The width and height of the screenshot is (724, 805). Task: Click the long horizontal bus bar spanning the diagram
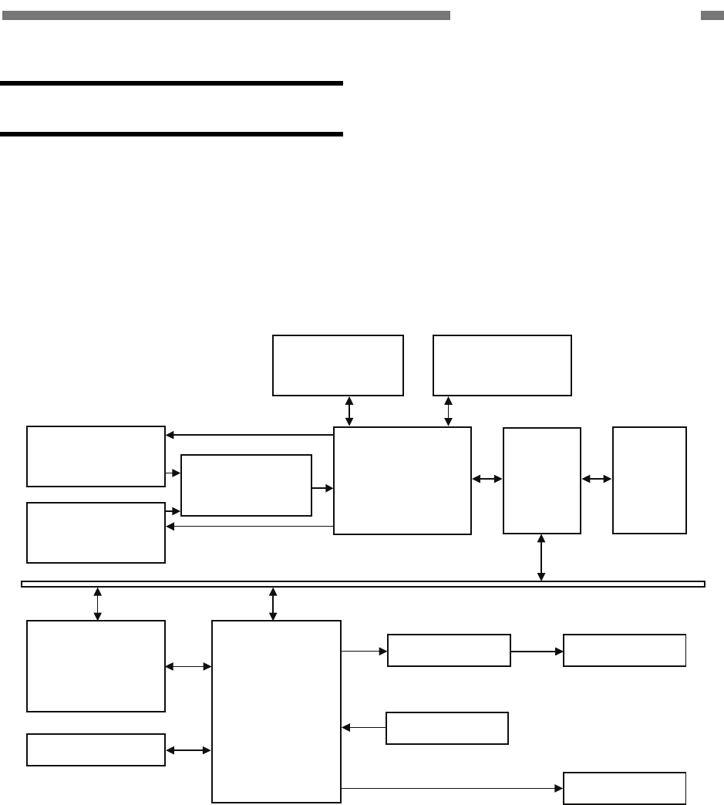362,584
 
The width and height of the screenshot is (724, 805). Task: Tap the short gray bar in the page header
712,15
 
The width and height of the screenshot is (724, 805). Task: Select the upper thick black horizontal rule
171,83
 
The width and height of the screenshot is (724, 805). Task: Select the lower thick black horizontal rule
171,134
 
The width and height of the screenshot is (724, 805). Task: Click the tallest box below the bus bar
276,711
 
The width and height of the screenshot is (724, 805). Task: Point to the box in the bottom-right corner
625,787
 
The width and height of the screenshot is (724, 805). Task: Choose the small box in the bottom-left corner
96,749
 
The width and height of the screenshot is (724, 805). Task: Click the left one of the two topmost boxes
338,365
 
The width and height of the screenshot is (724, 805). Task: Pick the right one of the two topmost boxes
502,365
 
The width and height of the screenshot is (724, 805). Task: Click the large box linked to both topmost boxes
402,480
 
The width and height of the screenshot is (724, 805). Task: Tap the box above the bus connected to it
541,480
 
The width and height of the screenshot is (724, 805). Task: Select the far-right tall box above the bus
649,480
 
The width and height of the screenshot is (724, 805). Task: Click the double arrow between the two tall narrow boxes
597,479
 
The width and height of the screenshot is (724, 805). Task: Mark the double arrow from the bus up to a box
541,557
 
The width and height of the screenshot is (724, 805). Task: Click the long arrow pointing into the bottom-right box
452,788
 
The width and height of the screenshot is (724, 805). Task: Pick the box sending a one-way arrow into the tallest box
446,728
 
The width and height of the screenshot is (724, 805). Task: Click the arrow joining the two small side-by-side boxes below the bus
537,651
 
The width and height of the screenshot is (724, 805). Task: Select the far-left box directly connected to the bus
96,665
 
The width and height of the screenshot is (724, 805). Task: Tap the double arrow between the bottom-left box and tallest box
188,749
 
